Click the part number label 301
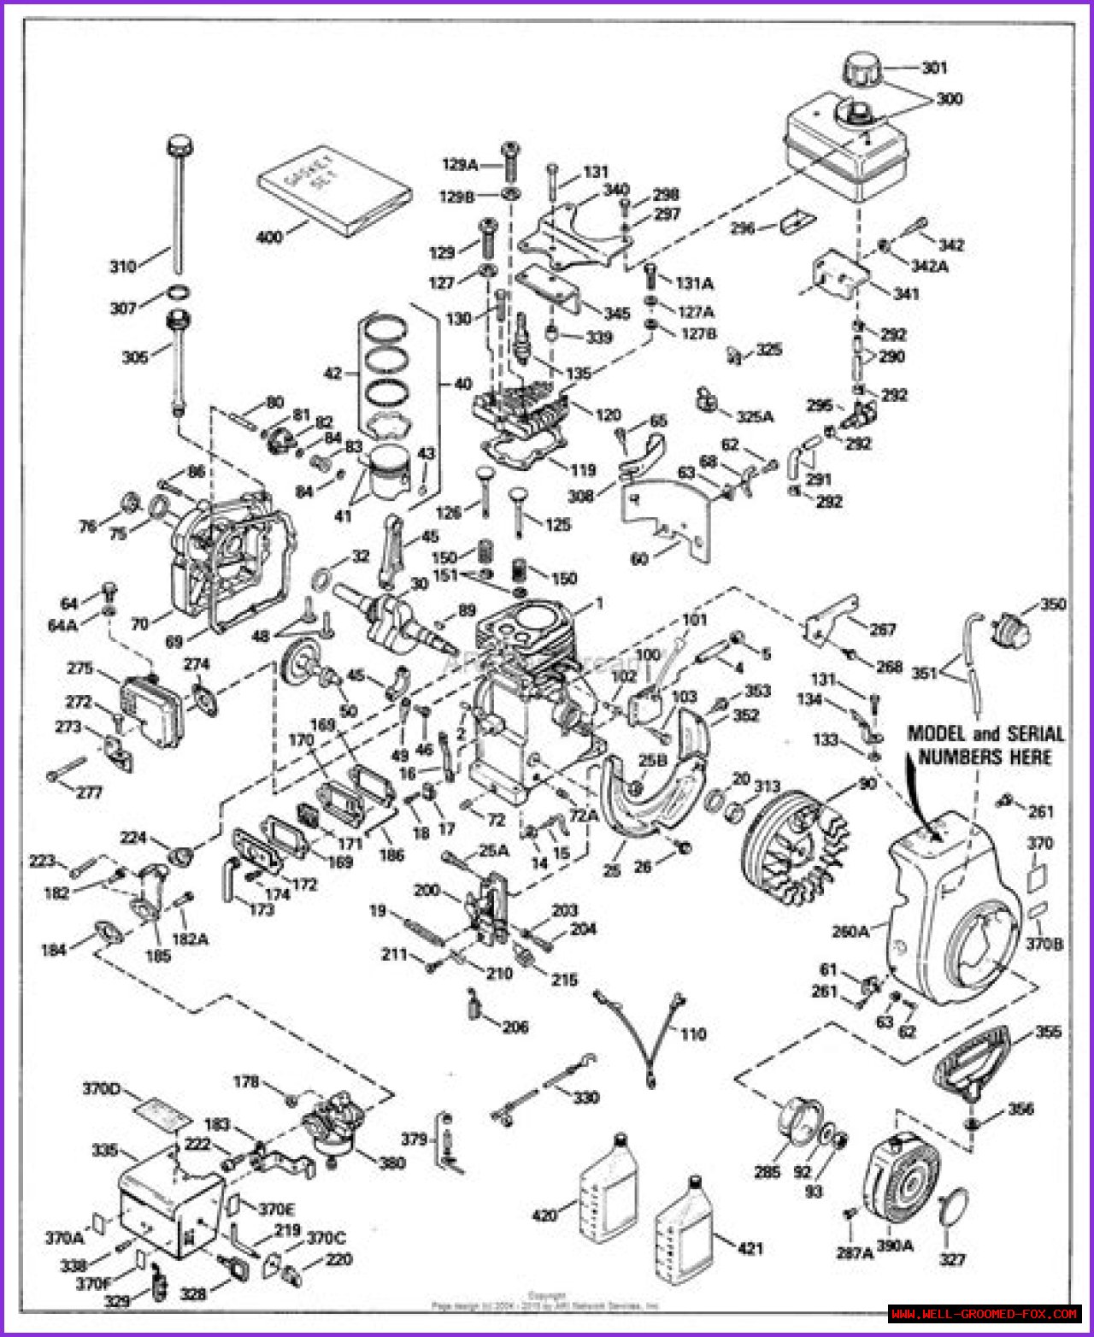tap(934, 68)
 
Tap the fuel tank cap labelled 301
tap(864, 68)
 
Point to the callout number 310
tap(123, 267)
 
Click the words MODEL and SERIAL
tap(985, 733)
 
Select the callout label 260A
tap(851, 932)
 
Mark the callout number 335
tap(104, 1151)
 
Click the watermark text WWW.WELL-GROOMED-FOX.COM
tap(984, 1313)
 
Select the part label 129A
tap(460, 164)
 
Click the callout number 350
tap(1053, 604)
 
